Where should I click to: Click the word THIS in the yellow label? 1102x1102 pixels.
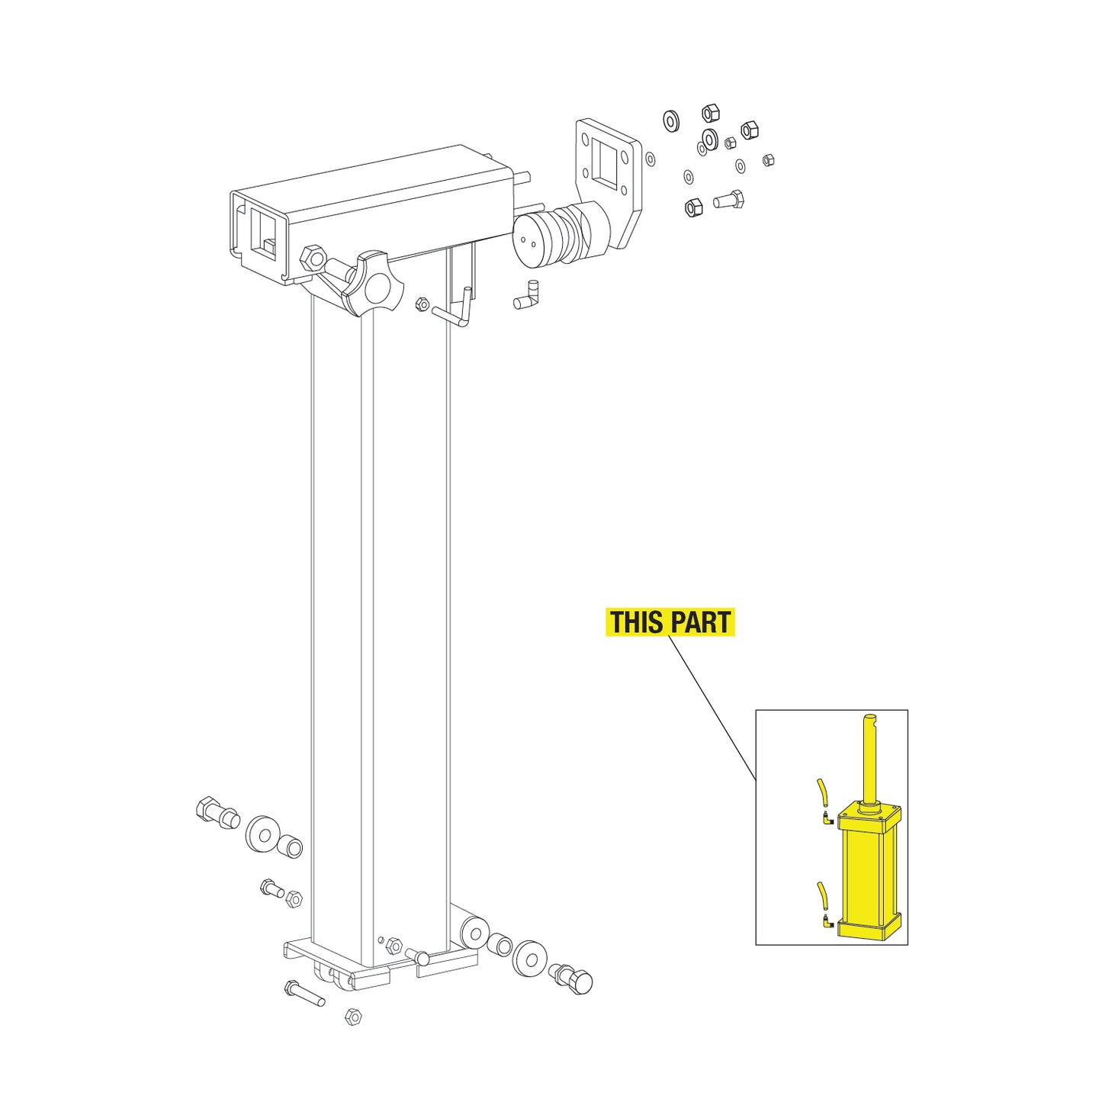[636, 622]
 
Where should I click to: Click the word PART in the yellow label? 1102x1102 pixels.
[700, 622]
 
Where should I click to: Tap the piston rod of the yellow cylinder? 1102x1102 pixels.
[869, 759]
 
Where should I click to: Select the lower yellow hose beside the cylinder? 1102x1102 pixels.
[821, 893]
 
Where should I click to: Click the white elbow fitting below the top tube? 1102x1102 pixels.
[526, 297]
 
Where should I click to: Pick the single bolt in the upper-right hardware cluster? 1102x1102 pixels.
[728, 201]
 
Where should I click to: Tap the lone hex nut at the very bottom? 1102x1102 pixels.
[353, 1017]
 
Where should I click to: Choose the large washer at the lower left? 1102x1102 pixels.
[264, 834]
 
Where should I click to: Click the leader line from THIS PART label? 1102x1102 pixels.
[712, 705]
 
